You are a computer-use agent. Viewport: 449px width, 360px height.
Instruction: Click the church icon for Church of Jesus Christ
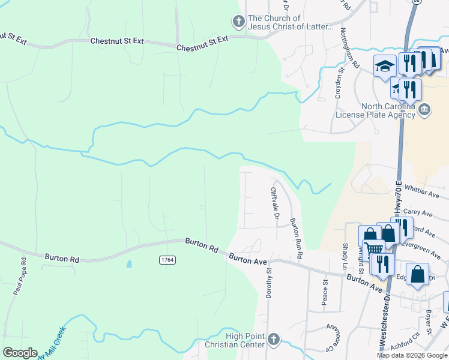(238, 22)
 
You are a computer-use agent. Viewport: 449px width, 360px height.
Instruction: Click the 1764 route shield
(167, 259)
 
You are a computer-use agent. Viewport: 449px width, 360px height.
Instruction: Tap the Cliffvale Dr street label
(274, 203)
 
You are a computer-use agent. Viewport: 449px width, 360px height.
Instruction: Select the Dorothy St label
(270, 283)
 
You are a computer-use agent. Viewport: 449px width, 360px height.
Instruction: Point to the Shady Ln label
(345, 256)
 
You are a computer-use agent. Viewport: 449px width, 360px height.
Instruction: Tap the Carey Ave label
(418, 212)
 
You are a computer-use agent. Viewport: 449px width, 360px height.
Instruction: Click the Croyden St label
(339, 83)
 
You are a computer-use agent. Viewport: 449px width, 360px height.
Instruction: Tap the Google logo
(20, 353)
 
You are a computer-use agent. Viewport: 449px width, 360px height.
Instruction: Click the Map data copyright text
(412, 355)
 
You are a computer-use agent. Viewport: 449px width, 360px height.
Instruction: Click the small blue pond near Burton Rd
(129, 264)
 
